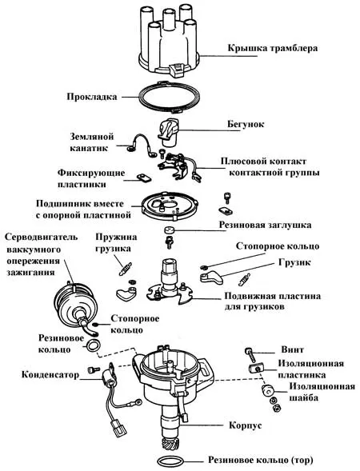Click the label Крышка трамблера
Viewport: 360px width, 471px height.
point(272,48)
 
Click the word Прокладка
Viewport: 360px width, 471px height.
point(92,97)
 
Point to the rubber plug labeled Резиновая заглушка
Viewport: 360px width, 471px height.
point(170,230)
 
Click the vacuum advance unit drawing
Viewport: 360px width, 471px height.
point(76,306)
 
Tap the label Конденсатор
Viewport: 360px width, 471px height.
point(50,374)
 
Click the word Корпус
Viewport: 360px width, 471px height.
point(246,425)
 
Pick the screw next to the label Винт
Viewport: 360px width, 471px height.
point(250,354)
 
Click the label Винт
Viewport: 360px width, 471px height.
point(292,349)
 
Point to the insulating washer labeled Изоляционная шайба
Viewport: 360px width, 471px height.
point(268,390)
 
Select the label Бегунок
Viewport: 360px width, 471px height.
point(246,124)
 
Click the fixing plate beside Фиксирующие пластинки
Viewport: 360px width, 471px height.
point(144,178)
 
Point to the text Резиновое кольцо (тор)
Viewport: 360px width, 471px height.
point(261,460)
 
